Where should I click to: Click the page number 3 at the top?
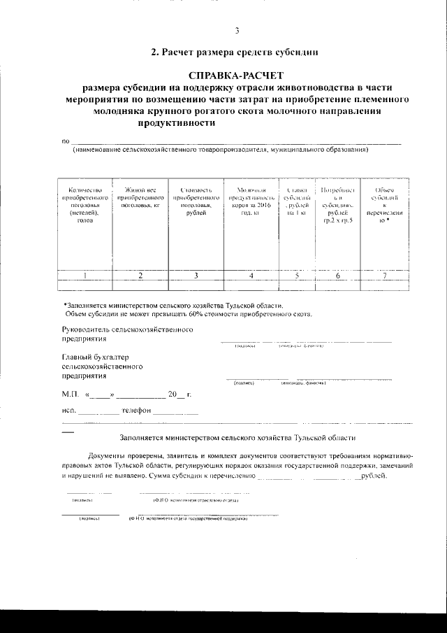point(237,30)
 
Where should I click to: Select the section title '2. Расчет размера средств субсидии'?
point(235,52)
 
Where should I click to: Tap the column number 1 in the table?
point(85,276)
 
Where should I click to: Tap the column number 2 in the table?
point(140,276)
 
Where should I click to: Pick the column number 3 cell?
point(196,276)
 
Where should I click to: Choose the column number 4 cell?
point(251,276)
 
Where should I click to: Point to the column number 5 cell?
point(297,276)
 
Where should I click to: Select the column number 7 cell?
point(383,276)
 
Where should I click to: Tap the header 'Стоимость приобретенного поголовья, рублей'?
point(196,202)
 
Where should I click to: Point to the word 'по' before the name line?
point(66,142)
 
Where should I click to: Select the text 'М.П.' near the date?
point(71,394)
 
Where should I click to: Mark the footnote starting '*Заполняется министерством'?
point(173,305)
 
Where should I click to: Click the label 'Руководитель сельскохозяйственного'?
point(127,329)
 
